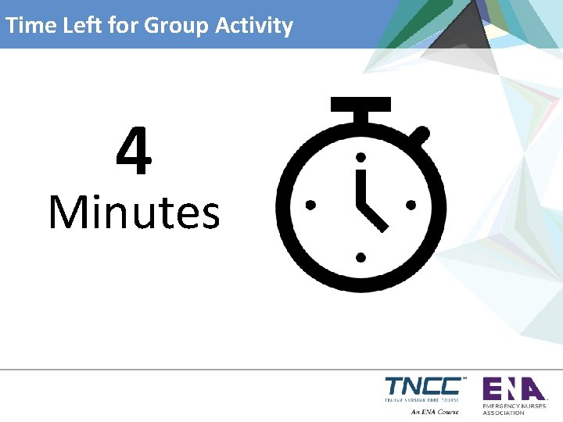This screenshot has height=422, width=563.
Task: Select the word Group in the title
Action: pos(172,26)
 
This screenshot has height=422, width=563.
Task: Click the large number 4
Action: pos(134,153)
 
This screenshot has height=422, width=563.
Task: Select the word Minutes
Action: pos(134,213)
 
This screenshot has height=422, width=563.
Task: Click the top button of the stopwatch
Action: pos(360,104)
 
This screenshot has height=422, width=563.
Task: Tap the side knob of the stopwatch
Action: pos(421,135)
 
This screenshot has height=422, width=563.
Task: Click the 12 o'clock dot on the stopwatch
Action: pos(360,156)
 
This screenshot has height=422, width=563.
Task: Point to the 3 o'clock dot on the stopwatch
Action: pos(411,206)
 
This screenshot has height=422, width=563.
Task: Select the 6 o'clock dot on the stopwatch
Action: pos(360,256)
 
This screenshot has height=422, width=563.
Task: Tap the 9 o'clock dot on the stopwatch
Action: pos(310,206)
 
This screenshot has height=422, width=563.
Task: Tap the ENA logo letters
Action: pos(512,388)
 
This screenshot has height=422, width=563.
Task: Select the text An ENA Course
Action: pos(435,412)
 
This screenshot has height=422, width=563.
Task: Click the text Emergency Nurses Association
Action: pos(514,409)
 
